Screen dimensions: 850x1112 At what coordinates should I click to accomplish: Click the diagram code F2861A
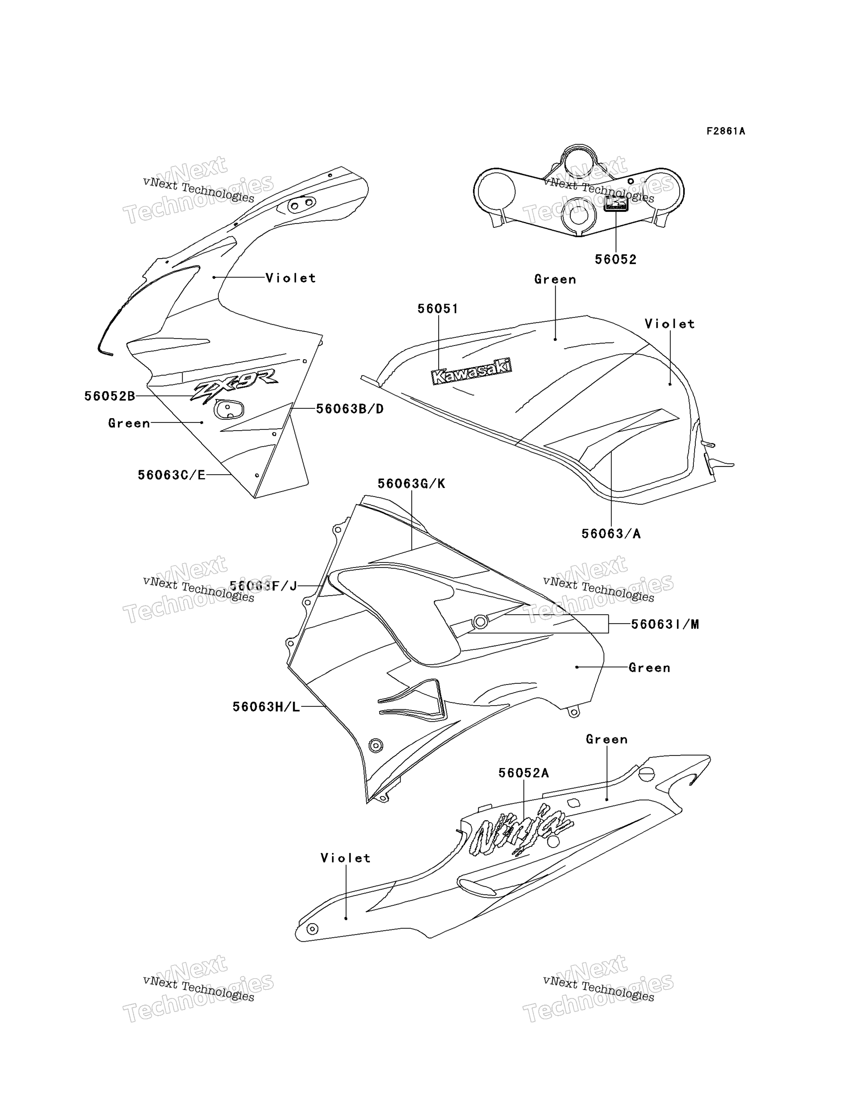pyautogui.click(x=726, y=131)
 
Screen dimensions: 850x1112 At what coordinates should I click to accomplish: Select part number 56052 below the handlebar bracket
pyautogui.click(x=615, y=259)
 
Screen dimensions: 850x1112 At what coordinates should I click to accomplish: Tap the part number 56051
pyautogui.click(x=438, y=308)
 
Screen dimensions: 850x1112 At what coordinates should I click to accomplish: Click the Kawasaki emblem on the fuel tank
pyautogui.click(x=471, y=371)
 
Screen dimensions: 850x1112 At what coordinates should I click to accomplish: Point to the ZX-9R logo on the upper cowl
pyautogui.click(x=234, y=385)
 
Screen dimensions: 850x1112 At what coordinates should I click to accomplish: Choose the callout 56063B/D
pyautogui.click(x=350, y=408)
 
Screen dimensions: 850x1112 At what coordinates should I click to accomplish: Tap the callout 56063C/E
pyautogui.click(x=171, y=475)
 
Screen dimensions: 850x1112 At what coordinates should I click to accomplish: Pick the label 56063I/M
pyautogui.click(x=665, y=624)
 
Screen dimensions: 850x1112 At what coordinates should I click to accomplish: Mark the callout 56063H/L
pyautogui.click(x=266, y=707)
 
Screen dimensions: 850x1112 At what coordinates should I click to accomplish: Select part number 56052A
pyautogui.click(x=523, y=773)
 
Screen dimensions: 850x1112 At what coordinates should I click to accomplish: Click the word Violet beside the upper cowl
pyautogui.click(x=291, y=278)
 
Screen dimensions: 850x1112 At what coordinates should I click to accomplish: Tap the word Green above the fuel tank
pyautogui.click(x=555, y=279)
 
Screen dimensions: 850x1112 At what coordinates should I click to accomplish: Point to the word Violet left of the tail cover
pyautogui.click(x=346, y=858)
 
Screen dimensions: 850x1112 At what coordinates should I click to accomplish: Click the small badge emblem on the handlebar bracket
pyautogui.click(x=616, y=204)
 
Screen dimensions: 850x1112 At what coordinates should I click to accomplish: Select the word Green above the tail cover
pyautogui.click(x=606, y=740)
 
